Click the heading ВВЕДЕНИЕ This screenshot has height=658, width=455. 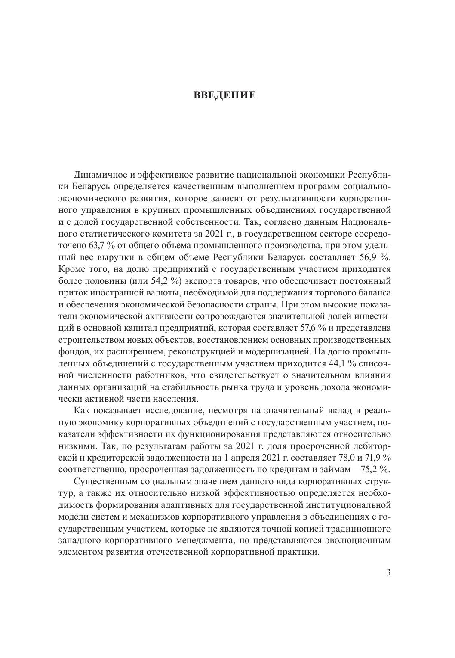pos(224,95)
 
